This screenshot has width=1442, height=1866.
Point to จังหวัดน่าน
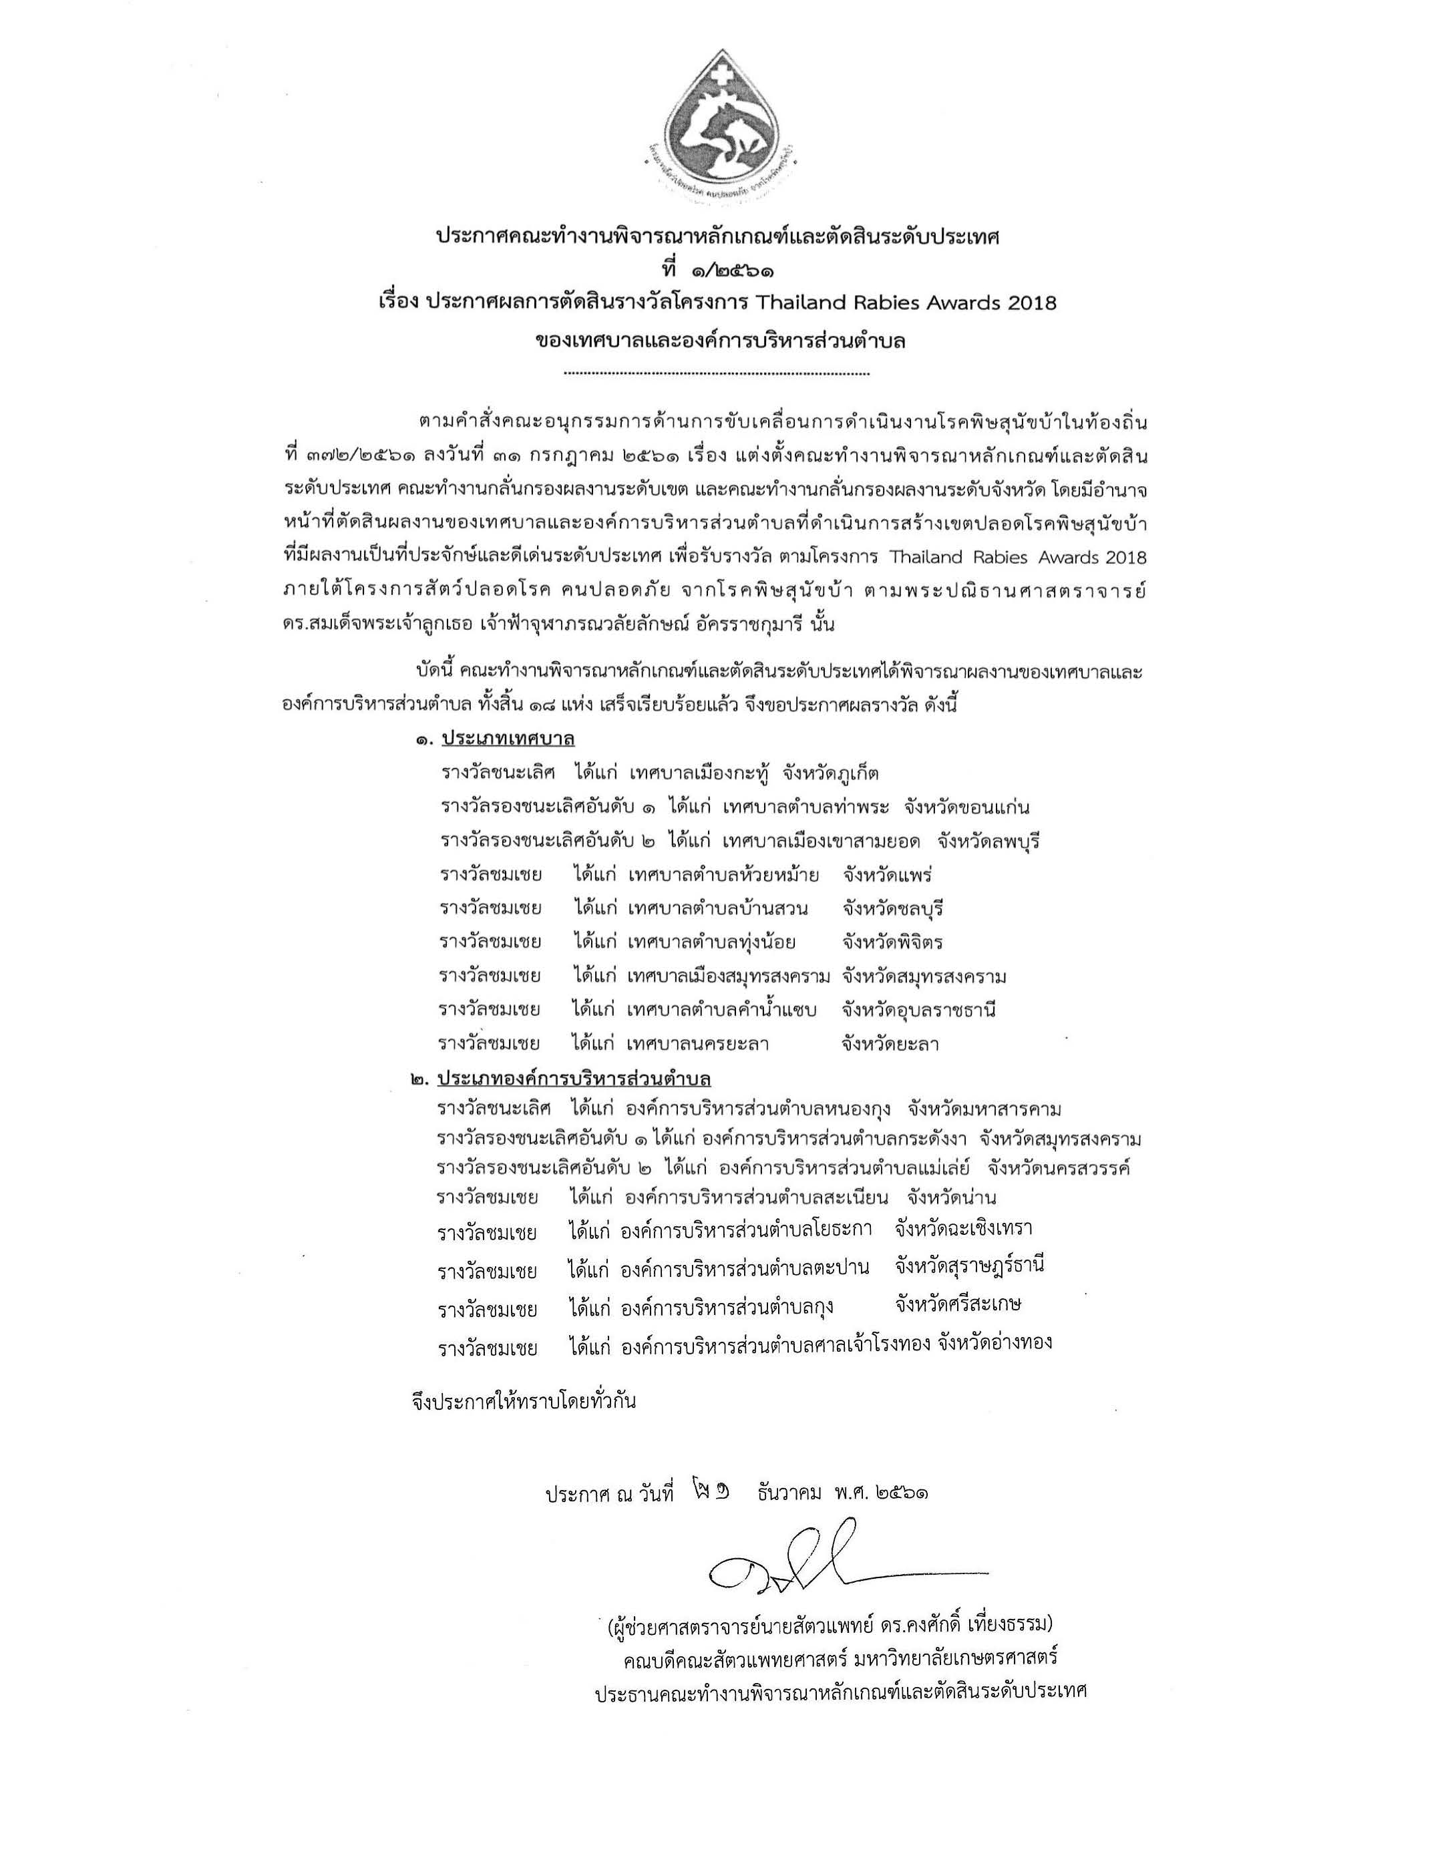click(952, 1197)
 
